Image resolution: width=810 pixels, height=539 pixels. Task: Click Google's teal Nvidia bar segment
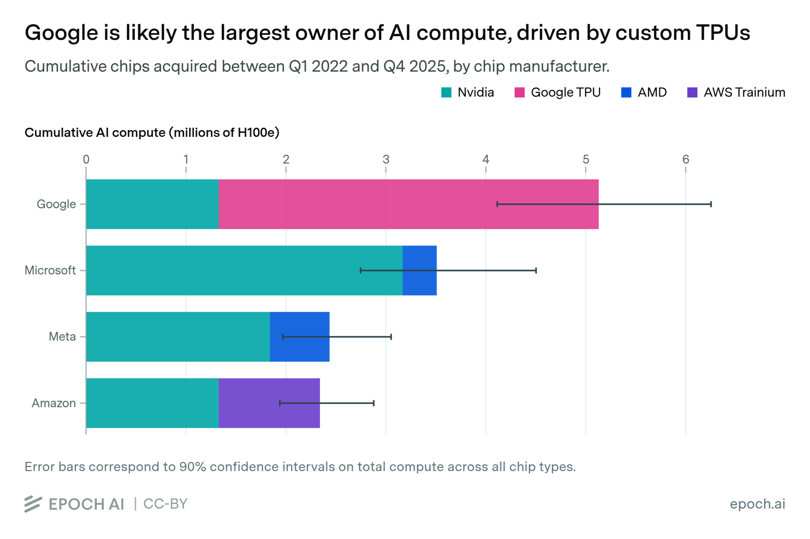click(152, 204)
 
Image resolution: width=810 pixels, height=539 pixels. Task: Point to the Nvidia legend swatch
click(446, 93)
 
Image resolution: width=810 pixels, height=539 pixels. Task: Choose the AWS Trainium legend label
click(744, 93)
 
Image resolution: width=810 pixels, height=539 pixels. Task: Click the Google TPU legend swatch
click(519, 93)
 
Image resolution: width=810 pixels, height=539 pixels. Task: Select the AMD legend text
click(652, 93)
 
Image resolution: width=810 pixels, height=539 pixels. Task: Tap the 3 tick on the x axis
click(386, 159)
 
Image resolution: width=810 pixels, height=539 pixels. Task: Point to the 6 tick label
click(686, 159)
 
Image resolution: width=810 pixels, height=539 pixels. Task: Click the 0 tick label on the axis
click(86, 159)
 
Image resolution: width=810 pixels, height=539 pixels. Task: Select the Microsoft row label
click(50, 270)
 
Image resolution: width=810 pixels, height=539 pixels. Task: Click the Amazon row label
click(53, 403)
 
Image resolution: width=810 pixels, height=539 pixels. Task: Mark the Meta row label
click(62, 337)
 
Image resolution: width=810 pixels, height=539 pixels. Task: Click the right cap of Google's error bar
click(711, 204)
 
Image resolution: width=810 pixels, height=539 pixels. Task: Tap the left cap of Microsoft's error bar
click(361, 270)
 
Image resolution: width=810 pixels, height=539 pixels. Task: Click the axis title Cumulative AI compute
click(152, 133)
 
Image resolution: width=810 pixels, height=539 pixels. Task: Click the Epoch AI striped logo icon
click(33, 504)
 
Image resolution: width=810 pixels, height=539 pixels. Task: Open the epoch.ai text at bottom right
click(757, 504)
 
